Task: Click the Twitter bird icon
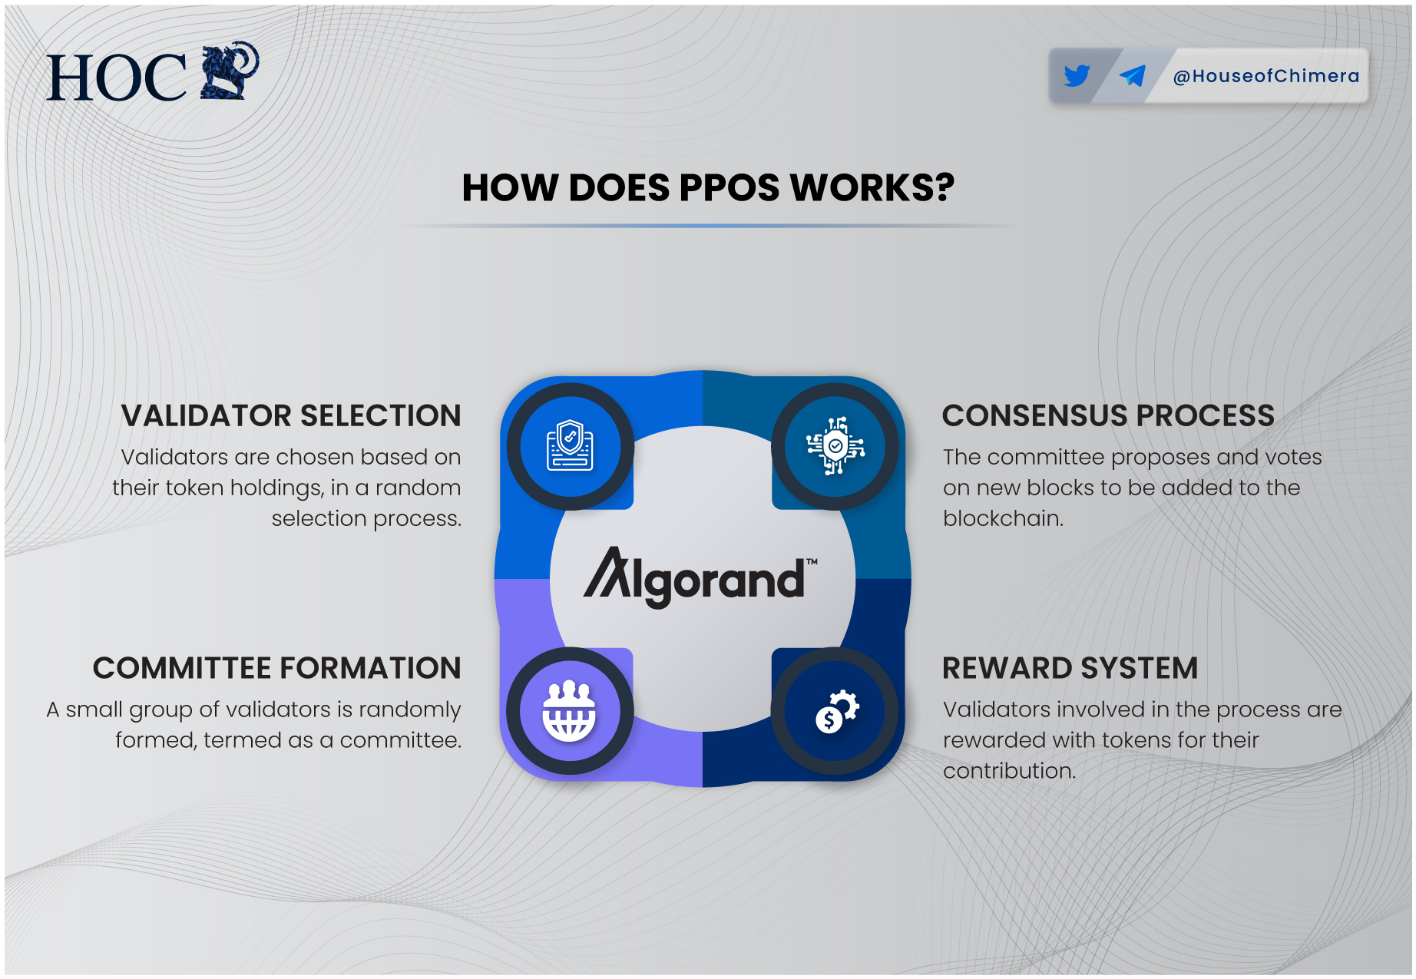[x=1077, y=75]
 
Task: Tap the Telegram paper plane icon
[x=1132, y=75]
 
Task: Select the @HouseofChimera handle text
[x=1266, y=76]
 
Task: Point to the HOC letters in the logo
[x=117, y=78]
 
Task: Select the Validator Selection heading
[x=291, y=415]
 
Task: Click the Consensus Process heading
[x=1107, y=415]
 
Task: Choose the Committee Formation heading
[x=276, y=668]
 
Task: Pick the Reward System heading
[x=1070, y=668]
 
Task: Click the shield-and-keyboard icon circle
[x=570, y=446]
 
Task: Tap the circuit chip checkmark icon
[x=835, y=446]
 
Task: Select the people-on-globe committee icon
[x=569, y=711]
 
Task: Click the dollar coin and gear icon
[x=835, y=711]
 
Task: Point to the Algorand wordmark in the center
[x=695, y=580]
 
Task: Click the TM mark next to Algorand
[x=812, y=561]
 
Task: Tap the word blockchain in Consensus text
[x=1002, y=518]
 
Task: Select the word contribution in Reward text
[x=1008, y=771]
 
